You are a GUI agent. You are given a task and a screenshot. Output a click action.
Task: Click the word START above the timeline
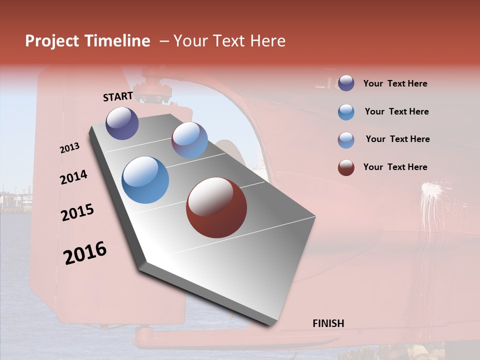[x=118, y=96]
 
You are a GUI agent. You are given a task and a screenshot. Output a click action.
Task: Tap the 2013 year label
[x=69, y=148]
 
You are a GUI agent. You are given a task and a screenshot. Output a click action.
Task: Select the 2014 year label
[x=73, y=177]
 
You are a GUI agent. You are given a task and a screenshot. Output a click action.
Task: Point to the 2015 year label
[x=77, y=212]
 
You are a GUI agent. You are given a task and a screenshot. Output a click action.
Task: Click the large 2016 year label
[x=85, y=252]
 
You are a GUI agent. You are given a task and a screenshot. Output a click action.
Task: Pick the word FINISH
[x=328, y=323]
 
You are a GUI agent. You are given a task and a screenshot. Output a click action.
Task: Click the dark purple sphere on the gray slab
[x=122, y=123]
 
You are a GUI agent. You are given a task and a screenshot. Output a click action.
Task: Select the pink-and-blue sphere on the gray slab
[x=189, y=140]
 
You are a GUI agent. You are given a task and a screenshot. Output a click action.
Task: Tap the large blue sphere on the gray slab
[x=145, y=179]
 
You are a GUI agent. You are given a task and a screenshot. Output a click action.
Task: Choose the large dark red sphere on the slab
[x=216, y=207]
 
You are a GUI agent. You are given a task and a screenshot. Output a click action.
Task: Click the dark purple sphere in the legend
[x=346, y=83]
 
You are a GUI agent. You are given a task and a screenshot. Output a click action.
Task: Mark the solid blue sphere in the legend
[x=346, y=111]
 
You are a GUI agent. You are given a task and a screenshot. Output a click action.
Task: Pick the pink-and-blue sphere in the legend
[x=346, y=139]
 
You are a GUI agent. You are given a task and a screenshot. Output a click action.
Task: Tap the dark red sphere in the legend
[x=346, y=167]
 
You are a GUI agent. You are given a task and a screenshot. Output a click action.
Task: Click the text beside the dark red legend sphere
[x=395, y=167]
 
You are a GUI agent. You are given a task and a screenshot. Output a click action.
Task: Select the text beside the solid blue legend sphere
[x=396, y=111]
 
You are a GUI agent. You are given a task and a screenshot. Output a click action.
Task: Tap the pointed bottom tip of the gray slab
[x=270, y=324]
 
